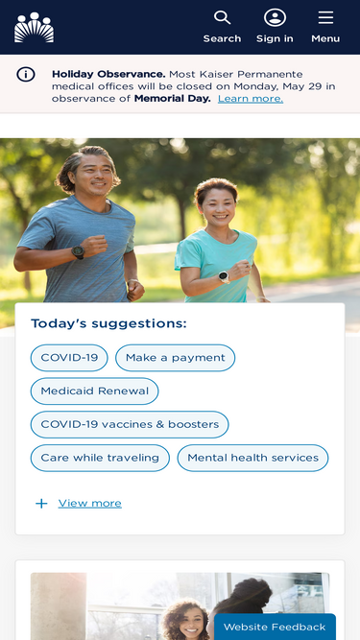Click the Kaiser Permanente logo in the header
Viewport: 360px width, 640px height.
[34, 27]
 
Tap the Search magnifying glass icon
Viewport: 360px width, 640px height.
[222, 17]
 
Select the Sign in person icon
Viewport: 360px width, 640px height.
[275, 17]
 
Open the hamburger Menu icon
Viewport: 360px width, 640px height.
[325, 17]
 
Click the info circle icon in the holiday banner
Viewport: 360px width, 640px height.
[26, 75]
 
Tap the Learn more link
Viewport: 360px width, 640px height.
[251, 99]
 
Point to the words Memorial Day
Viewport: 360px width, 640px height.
[172, 99]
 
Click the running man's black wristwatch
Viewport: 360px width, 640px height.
[78, 251]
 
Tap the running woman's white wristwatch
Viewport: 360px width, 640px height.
[224, 277]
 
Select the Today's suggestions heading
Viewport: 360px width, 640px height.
[108, 323]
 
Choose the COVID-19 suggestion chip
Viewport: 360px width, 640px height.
[69, 358]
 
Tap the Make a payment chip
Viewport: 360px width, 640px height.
[175, 358]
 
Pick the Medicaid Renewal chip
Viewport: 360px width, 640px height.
[95, 391]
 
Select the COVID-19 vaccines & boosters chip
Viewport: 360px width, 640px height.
[130, 424]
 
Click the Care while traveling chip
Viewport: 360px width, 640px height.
[100, 458]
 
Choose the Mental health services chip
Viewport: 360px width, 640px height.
[253, 458]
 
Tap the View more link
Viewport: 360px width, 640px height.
[90, 503]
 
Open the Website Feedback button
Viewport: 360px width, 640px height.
[275, 627]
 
